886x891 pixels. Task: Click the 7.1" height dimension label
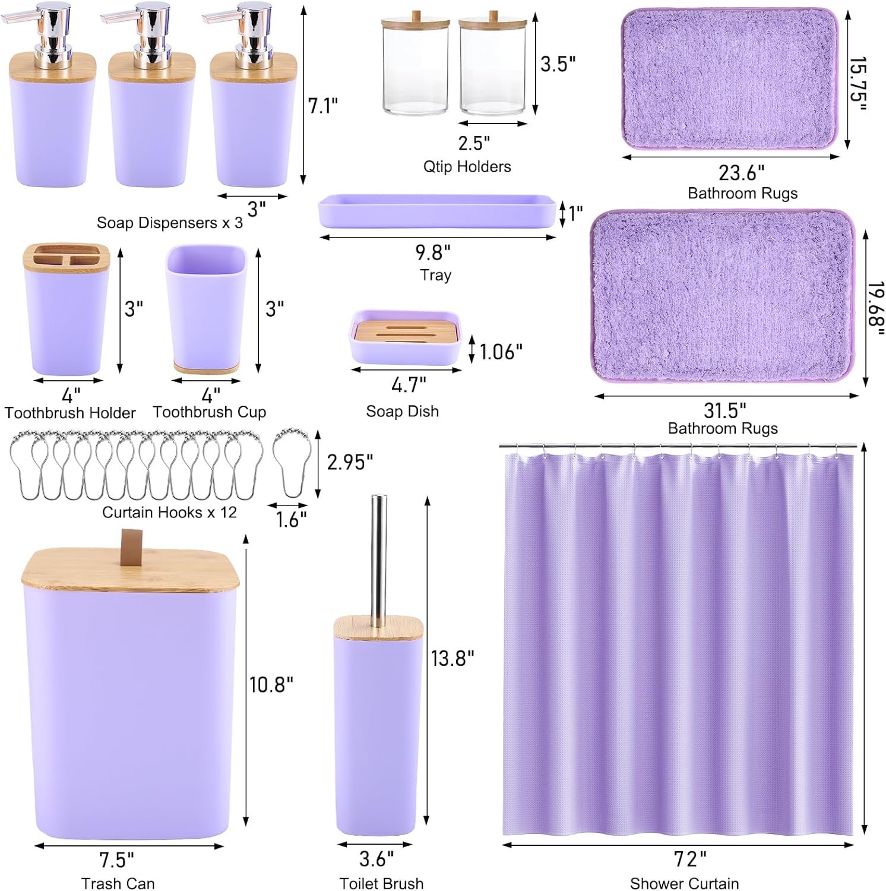[323, 106]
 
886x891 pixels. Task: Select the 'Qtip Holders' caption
[467, 166]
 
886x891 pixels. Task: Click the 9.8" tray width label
[433, 252]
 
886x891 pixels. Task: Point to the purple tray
[437, 211]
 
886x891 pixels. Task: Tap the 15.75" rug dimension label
[857, 84]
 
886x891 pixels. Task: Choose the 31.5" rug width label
[724, 410]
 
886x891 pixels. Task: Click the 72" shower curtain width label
[690, 858]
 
